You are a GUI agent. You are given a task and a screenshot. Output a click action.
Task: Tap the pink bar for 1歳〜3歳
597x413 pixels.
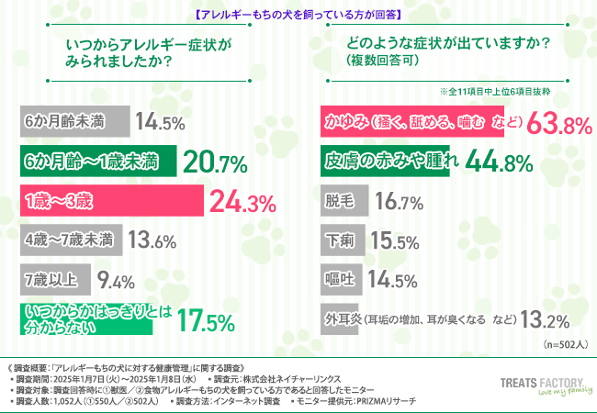[110, 201]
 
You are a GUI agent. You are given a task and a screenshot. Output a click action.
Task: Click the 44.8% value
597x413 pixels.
[500, 162]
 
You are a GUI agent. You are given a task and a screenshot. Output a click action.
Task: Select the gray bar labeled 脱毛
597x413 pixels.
[339, 201]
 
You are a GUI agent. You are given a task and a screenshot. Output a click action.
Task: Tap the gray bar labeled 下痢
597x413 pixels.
[339, 240]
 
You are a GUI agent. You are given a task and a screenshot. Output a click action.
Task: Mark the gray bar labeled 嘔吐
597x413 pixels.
[339, 280]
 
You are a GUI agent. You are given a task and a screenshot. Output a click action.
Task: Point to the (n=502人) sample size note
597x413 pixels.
[558, 343]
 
